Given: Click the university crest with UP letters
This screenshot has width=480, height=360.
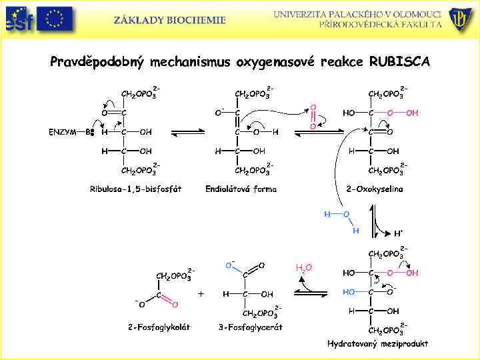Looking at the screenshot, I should point(461,19).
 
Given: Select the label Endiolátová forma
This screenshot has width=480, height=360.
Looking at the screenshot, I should point(241,189).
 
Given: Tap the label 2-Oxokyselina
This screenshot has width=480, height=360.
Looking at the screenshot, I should point(375,189).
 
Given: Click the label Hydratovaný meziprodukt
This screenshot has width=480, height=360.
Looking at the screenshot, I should point(377,343).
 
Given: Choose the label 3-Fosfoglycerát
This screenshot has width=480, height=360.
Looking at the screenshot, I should point(251,327).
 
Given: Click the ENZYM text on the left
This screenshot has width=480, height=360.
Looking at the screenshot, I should point(61,131).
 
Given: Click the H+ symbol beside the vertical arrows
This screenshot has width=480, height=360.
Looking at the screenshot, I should point(398,233).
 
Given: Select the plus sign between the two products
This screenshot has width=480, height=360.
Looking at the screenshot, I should point(201,293).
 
